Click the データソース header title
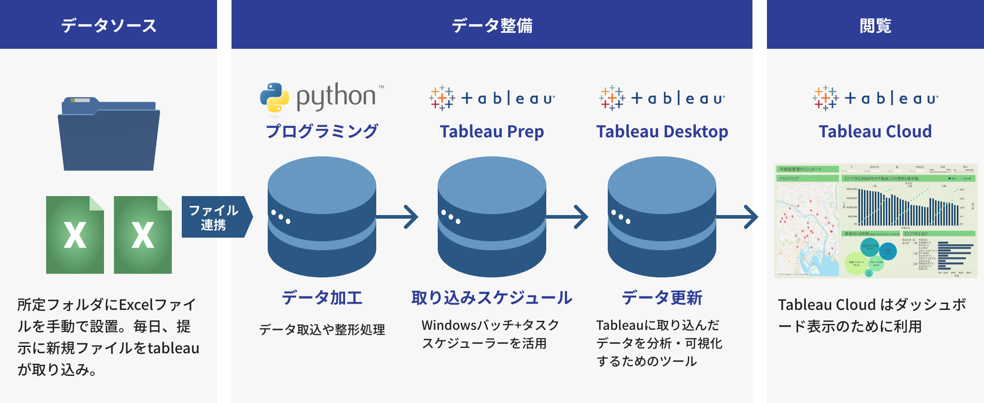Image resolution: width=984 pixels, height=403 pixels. pos(109,25)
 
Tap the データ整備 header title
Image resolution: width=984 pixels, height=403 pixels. pos(492,25)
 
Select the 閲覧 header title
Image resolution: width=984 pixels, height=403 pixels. pos(875,25)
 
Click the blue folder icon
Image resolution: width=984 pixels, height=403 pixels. pos(109,134)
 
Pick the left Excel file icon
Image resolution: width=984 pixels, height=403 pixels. pos(75,235)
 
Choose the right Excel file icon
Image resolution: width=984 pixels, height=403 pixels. pos(143,235)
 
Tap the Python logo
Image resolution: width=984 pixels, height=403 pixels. pos(322,97)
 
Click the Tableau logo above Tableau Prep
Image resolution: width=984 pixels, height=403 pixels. pos(492,98)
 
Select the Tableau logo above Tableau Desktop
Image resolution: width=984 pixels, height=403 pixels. pos(662,98)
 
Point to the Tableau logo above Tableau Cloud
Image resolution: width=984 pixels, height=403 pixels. pos(875,98)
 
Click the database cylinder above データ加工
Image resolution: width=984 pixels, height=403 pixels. pos(322,217)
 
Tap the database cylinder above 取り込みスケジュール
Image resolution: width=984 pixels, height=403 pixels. pos(492,217)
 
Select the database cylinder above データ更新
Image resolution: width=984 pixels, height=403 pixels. pos(662,217)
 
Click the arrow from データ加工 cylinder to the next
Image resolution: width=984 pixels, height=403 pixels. pos(398,217)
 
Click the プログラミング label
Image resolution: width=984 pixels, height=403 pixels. pos(322,131)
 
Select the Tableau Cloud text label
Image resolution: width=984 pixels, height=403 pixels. pos(875,131)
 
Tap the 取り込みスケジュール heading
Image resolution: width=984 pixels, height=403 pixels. pos(492,298)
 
